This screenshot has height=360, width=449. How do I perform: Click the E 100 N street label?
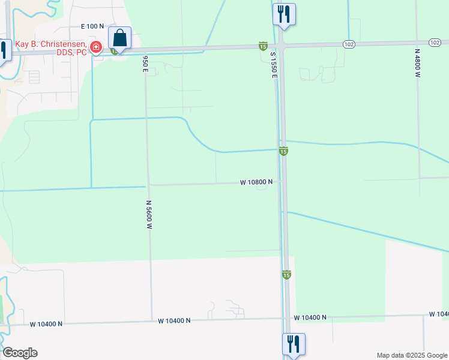[x=92, y=26]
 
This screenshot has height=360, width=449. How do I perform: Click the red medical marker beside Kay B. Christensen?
[x=95, y=47]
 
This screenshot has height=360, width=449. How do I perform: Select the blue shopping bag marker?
[x=120, y=39]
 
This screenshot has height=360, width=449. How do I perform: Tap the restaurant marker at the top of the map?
[x=284, y=13]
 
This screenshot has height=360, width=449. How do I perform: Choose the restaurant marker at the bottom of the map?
[x=294, y=344]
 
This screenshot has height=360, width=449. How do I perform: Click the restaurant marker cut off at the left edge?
[x=4, y=50]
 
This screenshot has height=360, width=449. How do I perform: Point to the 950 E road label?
[x=145, y=64]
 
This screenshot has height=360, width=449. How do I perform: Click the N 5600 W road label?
[x=148, y=215]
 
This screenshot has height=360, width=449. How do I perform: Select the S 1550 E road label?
[x=273, y=65]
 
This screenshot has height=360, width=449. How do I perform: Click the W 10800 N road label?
[x=256, y=181]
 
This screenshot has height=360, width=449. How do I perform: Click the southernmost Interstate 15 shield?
[x=286, y=274]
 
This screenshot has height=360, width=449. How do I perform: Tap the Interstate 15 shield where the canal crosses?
[x=283, y=151]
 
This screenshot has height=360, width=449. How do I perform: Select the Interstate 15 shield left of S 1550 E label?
[x=263, y=46]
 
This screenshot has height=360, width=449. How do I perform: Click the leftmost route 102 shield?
[x=349, y=44]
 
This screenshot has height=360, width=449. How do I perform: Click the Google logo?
[x=20, y=353]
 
